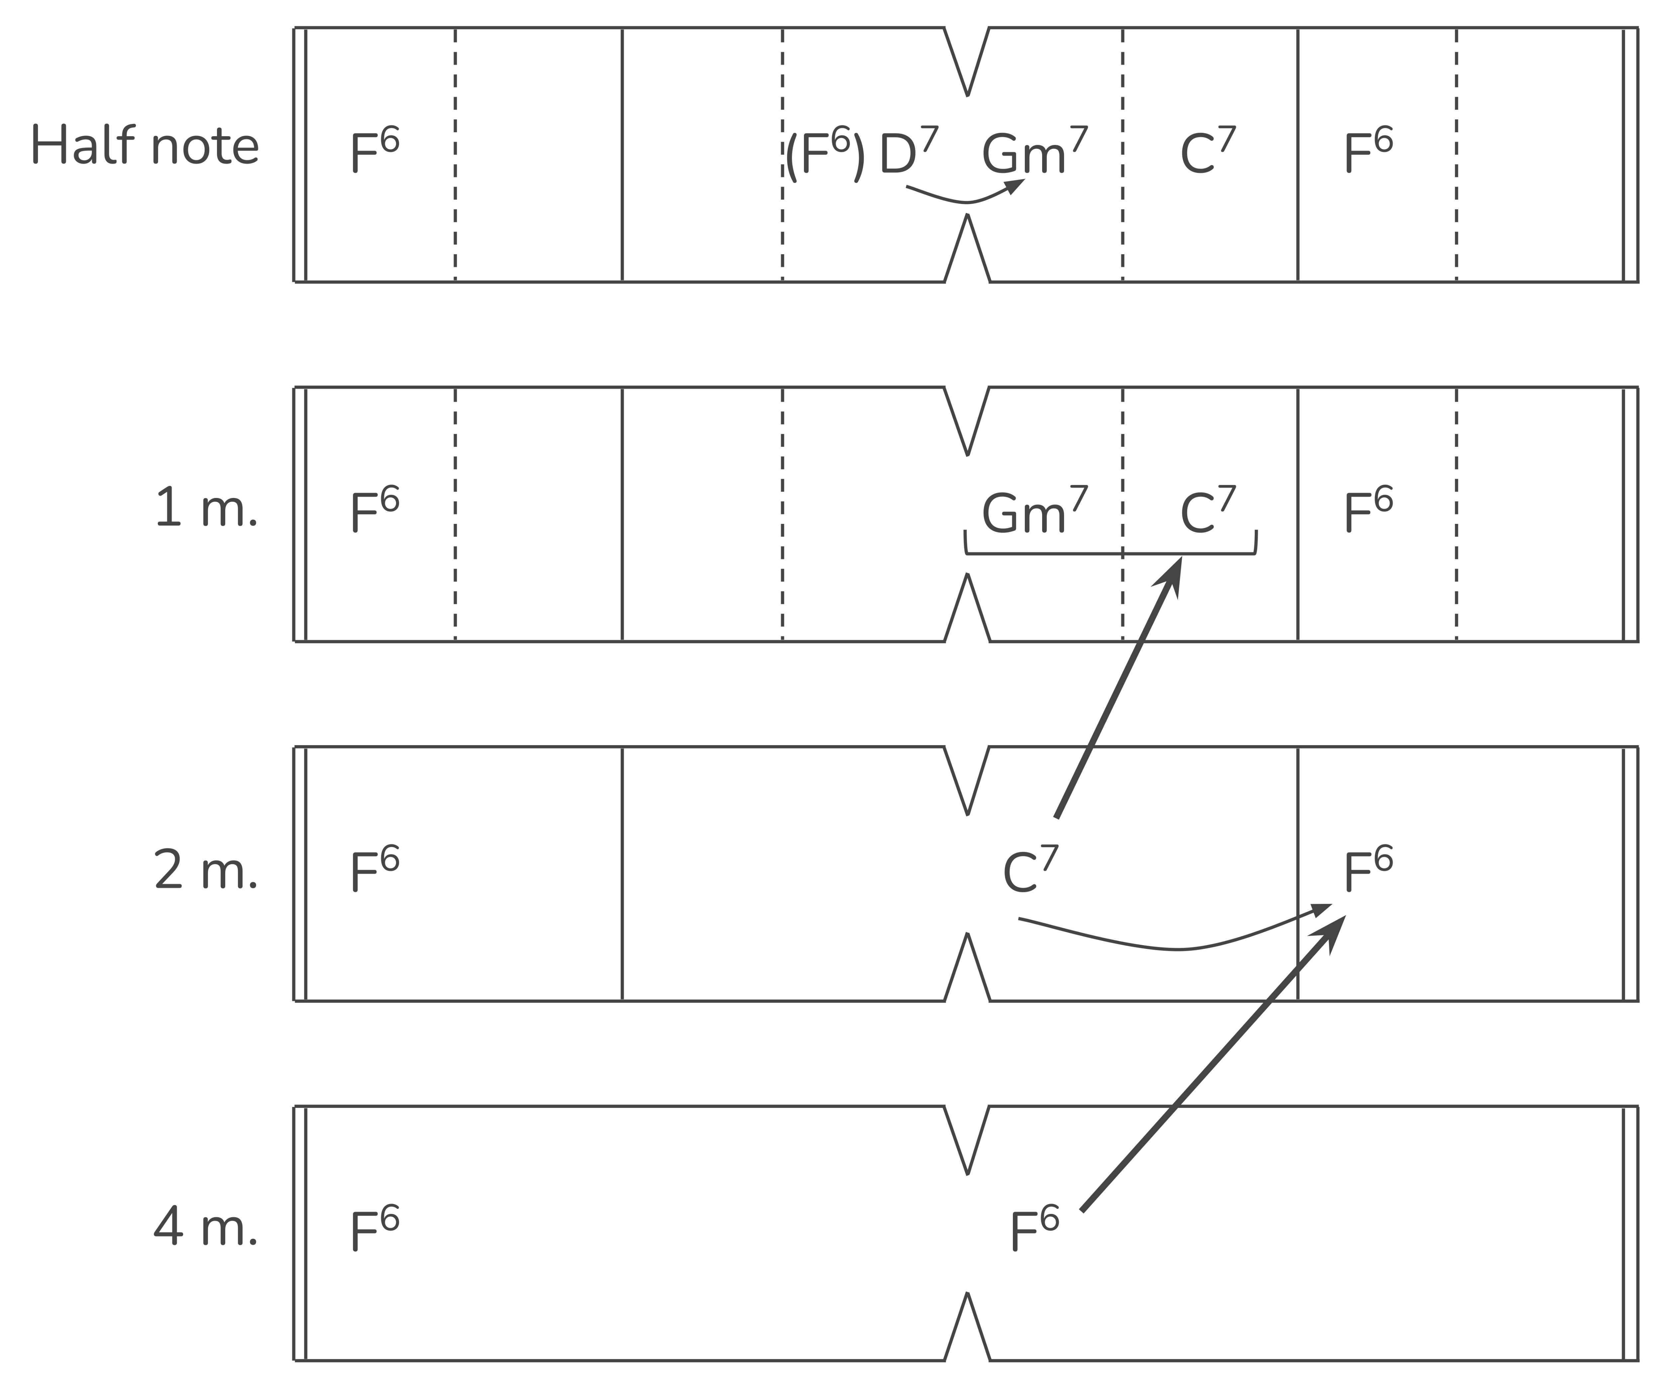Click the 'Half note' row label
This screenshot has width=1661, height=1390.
tap(145, 147)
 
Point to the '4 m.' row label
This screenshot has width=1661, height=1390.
tap(206, 1229)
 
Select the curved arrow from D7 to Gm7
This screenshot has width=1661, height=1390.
tap(967, 199)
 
